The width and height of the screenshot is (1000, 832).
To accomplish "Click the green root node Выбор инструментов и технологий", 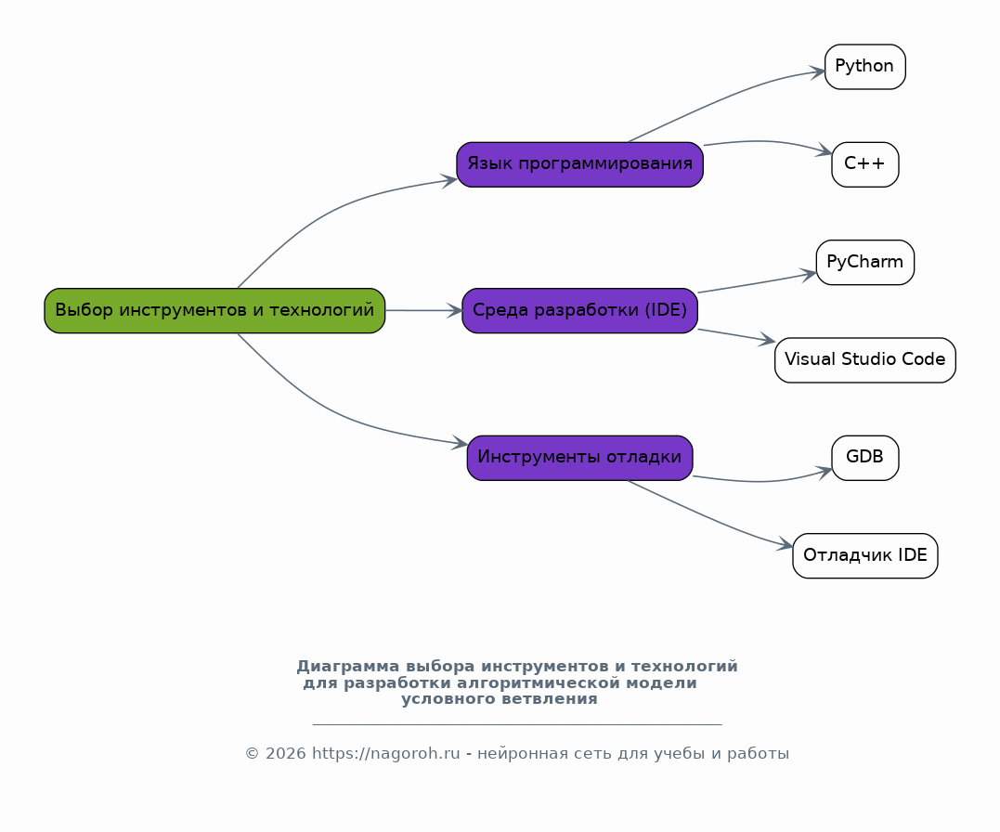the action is (x=214, y=311).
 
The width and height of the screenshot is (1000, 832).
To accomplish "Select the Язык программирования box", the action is (x=579, y=164).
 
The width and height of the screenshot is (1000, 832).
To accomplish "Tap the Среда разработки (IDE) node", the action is (x=579, y=311).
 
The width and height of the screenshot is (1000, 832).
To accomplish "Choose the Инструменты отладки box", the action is (x=579, y=458).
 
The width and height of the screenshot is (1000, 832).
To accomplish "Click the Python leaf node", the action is (x=864, y=67).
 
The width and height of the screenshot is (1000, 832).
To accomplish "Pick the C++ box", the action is (x=864, y=164).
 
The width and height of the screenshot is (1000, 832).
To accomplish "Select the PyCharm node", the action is (x=864, y=262).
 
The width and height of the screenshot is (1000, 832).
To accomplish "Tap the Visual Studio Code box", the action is (x=864, y=360).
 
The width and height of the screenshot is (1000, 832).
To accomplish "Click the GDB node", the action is (x=864, y=458).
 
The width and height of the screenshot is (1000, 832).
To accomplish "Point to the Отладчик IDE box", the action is (x=864, y=555).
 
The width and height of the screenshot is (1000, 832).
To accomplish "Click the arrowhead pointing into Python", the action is (x=817, y=71).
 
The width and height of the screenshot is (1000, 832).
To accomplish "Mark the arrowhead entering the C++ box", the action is (x=824, y=150).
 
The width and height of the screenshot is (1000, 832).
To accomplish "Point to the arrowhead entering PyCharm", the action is (x=809, y=275).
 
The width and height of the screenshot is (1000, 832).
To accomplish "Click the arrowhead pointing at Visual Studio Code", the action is (x=767, y=341).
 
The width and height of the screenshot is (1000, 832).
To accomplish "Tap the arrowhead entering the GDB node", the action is (x=824, y=472).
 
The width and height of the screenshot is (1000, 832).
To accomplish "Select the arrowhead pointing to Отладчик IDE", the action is (x=786, y=545).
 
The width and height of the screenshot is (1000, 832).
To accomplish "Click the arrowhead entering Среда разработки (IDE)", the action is (x=455, y=311).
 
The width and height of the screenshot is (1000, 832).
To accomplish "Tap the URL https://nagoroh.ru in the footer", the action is (x=386, y=753).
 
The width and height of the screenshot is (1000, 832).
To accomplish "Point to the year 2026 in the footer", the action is (x=286, y=753).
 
